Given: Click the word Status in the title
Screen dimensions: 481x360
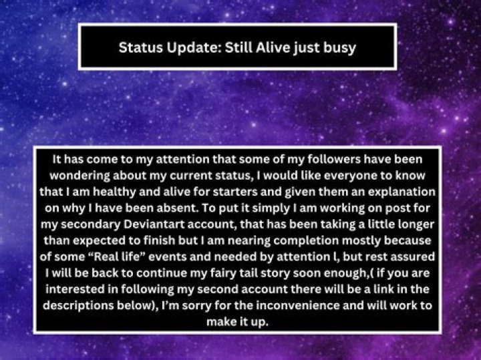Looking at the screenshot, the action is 140,47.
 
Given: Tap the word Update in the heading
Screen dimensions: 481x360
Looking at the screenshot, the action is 194,48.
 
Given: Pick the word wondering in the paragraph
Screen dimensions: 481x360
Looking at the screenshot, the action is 79,176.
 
